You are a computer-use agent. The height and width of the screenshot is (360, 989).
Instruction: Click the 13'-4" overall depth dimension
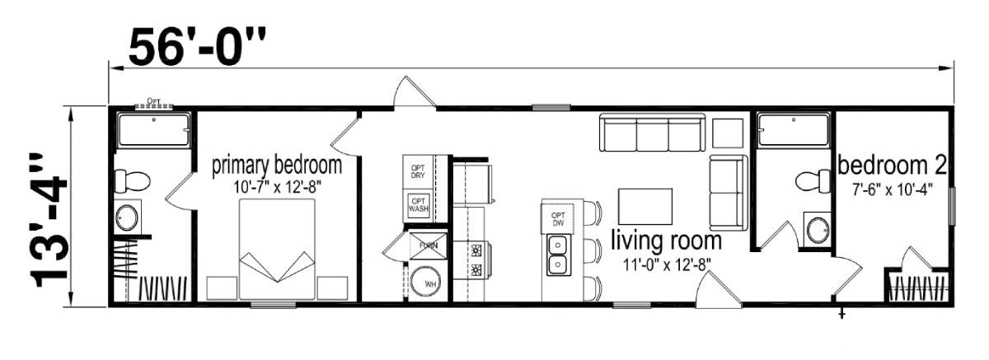tap(49, 220)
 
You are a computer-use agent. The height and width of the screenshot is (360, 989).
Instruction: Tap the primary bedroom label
tap(277, 166)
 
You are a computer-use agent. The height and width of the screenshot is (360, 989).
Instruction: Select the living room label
tap(666, 241)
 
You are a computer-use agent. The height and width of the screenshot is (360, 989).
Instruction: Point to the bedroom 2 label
tap(892, 166)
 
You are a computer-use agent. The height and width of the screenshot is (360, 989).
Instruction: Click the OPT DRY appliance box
tap(418, 171)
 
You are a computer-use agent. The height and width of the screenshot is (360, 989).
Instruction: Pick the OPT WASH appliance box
tap(418, 205)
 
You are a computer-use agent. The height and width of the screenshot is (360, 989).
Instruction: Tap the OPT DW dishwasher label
tap(558, 219)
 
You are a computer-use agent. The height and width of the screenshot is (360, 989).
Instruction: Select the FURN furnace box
tap(428, 245)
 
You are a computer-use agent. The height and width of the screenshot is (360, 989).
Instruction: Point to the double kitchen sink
tap(558, 255)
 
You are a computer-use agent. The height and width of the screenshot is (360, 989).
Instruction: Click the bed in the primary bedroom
tap(277, 250)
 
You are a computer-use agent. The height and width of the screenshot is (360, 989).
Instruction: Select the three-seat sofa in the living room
tap(652, 133)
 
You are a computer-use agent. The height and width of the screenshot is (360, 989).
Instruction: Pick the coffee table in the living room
tap(645, 207)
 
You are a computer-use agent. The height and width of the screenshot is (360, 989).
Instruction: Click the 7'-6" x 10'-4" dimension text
tap(892, 189)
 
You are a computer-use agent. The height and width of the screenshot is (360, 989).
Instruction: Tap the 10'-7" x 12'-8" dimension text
tap(277, 188)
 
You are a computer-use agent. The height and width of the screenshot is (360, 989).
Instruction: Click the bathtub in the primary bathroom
tap(154, 129)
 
